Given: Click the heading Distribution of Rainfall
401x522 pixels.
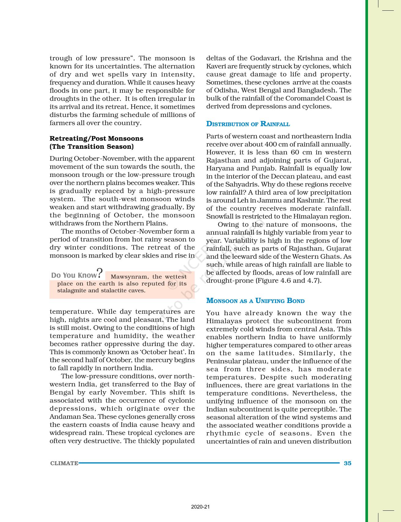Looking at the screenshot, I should point(248,124).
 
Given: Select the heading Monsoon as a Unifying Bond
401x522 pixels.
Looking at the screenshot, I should point(255,301).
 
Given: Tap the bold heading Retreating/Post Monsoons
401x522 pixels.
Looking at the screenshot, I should point(96,139).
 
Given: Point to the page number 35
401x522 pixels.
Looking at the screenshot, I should point(348,463).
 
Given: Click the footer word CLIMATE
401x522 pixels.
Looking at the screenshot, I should point(64,463).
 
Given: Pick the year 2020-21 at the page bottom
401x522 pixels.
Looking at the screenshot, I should point(200,507).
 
